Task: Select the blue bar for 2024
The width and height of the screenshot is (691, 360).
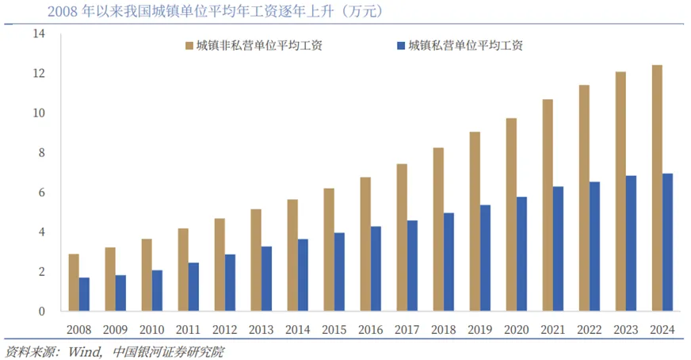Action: pos(668,242)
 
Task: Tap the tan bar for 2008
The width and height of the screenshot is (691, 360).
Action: pos(74,282)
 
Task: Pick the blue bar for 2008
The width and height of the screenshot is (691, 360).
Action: pos(84,294)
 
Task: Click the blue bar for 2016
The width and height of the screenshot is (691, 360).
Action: pos(376,269)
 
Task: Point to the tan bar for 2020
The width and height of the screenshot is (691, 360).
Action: pos(511,214)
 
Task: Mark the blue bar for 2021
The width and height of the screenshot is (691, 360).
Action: pos(559,249)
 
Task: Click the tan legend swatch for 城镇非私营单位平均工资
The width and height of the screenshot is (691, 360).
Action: pos(189,46)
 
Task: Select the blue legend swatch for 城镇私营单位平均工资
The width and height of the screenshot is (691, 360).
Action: pos(400,46)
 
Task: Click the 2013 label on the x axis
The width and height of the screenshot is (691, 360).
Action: pos(262,329)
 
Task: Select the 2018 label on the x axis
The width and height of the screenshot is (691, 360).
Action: pos(444,329)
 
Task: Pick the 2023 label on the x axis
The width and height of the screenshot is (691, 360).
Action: pos(626,329)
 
